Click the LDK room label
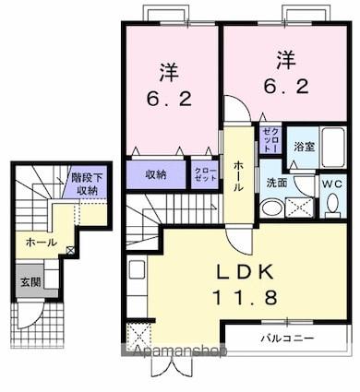pyautogui.click(x=246, y=272)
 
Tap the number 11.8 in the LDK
pyautogui.click(x=246, y=297)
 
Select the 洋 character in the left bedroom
pyautogui.click(x=169, y=73)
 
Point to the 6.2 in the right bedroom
pyautogui.click(x=286, y=86)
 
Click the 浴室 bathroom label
pyautogui.click(x=304, y=147)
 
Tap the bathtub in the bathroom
pyautogui.click(x=332, y=147)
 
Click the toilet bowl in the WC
pyautogui.click(x=333, y=204)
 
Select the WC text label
pyautogui.click(x=333, y=184)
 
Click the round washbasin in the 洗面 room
pyautogui.click(x=272, y=208)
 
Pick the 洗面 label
pyautogui.click(x=276, y=183)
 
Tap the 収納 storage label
pyautogui.click(x=156, y=174)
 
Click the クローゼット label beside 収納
pyautogui.click(x=205, y=174)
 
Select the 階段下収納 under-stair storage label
pyautogui.click(x=88, y=184)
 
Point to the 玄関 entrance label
pyautogui.click(x=30, y=282)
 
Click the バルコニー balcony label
pyautogui.click(x=288, y=339)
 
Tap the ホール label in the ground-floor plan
pyautogui.click(x=42, y=243)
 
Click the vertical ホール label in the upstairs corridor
pyautogui.click(x=239, y=176)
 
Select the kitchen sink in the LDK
pyautogui.click(x=137, y=269)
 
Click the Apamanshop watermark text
pyautogui.click(x=180, y=350)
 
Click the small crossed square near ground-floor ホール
pyautogui.click(x=70, y=250)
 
